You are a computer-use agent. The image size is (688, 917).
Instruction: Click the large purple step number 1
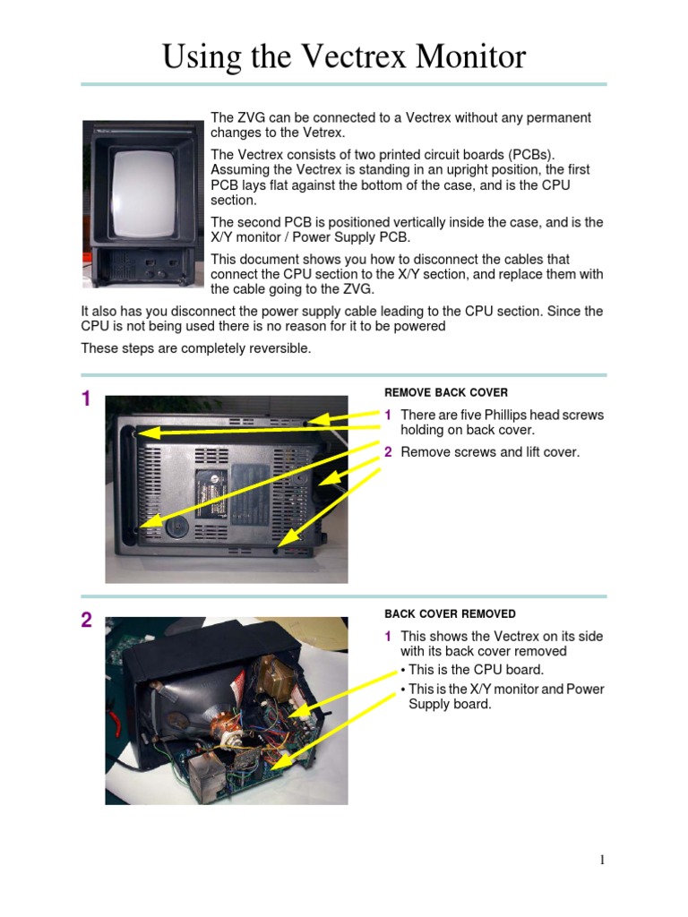(86, 399)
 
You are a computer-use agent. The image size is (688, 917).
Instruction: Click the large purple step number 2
(86, 621)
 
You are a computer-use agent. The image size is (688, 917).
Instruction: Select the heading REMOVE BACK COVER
(446, 392)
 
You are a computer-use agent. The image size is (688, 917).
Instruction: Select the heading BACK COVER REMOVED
(450, 613)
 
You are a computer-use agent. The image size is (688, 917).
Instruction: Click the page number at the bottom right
(602, 861)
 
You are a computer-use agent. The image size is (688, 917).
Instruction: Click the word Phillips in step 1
(507, 415)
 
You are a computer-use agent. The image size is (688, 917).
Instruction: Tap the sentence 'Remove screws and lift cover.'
(490, 452)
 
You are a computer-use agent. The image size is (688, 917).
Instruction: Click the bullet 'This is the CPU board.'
(476, 670)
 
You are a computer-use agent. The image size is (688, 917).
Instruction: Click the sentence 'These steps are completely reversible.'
(196, 348)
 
